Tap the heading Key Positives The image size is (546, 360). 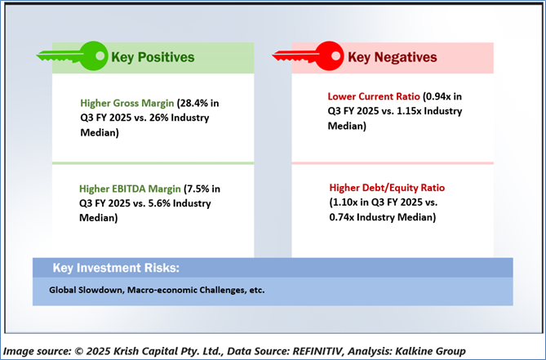click(153, 57)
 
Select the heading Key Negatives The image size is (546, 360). click(393, 57)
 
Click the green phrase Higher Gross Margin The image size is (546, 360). click(127, 103)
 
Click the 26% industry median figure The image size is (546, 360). click(158, 118)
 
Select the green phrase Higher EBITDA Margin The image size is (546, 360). click(130, 189)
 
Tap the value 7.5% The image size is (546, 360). click(199, 189)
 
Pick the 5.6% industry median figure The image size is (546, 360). click(158, 203)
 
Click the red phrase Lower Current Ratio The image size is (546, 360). click(374, 96)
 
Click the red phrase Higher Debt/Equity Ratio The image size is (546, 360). click(387, 188)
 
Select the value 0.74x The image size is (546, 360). click(342, 217)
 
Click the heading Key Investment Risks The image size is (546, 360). click(116, 268)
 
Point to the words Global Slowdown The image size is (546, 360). click(87, 290)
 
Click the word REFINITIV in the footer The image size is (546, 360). click(318, 351)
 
